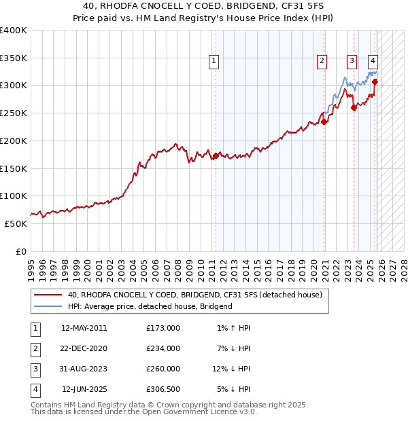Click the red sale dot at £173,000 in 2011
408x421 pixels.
(x=216, y=156)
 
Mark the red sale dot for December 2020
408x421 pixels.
(x=324, y=122)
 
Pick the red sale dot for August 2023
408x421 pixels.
(x=354, y=108)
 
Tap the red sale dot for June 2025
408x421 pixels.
(x=375, y=82)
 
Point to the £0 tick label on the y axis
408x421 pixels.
(x=20, y=252)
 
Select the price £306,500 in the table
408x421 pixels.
(x=164, y=389)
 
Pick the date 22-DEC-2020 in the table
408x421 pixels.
(x=84, y=348)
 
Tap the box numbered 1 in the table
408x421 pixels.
(x=34, y=328)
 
